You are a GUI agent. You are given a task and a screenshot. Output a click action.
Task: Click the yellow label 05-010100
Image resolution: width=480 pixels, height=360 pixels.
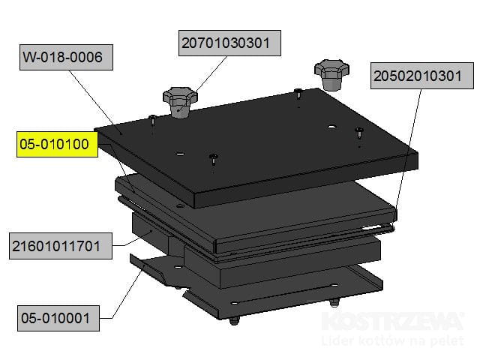57,144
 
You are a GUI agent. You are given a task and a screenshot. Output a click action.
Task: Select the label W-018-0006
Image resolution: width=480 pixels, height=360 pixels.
66,57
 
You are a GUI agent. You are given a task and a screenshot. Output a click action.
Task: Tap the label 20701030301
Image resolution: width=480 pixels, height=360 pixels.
229,43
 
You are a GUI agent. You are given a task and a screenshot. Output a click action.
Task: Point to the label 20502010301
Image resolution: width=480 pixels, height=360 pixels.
421,76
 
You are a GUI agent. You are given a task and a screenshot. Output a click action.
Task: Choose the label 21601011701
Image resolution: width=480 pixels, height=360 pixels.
61,246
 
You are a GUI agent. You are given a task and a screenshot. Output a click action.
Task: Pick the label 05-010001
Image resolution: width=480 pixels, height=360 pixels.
58,318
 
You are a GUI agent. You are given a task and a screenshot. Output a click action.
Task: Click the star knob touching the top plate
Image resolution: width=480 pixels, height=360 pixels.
180,102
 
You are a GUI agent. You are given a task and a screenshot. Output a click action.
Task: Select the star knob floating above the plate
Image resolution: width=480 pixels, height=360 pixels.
331,75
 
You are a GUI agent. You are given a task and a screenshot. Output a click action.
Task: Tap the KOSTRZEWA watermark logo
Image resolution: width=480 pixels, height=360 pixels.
393,321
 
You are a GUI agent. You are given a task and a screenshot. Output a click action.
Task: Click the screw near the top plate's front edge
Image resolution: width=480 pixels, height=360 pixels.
214,160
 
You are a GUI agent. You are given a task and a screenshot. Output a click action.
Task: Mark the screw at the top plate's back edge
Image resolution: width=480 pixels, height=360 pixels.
298,93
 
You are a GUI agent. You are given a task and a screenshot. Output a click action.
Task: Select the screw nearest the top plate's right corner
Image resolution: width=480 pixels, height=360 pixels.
359,133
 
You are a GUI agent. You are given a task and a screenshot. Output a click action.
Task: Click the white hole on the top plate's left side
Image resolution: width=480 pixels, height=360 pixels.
180,153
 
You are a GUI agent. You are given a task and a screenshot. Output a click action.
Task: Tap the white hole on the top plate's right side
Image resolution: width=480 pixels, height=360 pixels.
331,127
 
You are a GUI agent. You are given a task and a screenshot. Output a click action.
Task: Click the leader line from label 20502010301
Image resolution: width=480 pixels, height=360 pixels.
408,149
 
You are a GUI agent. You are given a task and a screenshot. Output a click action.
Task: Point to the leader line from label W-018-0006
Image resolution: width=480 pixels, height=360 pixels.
95,102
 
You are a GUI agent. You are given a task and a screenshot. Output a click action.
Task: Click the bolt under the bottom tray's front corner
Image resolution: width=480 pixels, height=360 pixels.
234,321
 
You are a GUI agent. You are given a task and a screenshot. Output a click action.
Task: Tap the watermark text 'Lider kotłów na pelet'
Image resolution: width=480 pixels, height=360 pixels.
393,340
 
